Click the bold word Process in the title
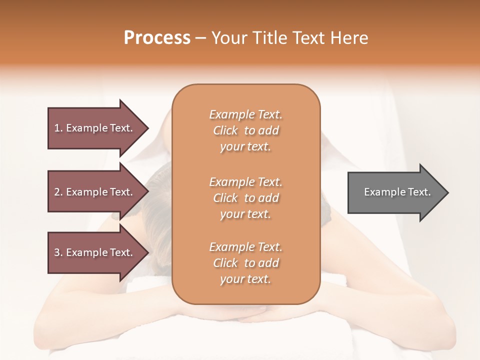tap(157, 38)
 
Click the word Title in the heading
tap(269, 38)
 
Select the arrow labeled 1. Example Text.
tap(93, 128)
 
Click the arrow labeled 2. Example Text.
tap(93, 192)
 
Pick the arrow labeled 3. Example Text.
tap(93, 252)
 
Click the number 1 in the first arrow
tap(56, 128)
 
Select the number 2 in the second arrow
tap(57, 192)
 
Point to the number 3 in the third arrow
tap(57, 252)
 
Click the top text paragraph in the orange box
tap(245, 130)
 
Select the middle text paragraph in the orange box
tap(245, 198)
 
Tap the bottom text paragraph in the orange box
tap(245, 263)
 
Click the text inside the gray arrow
tap(397, 192)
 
